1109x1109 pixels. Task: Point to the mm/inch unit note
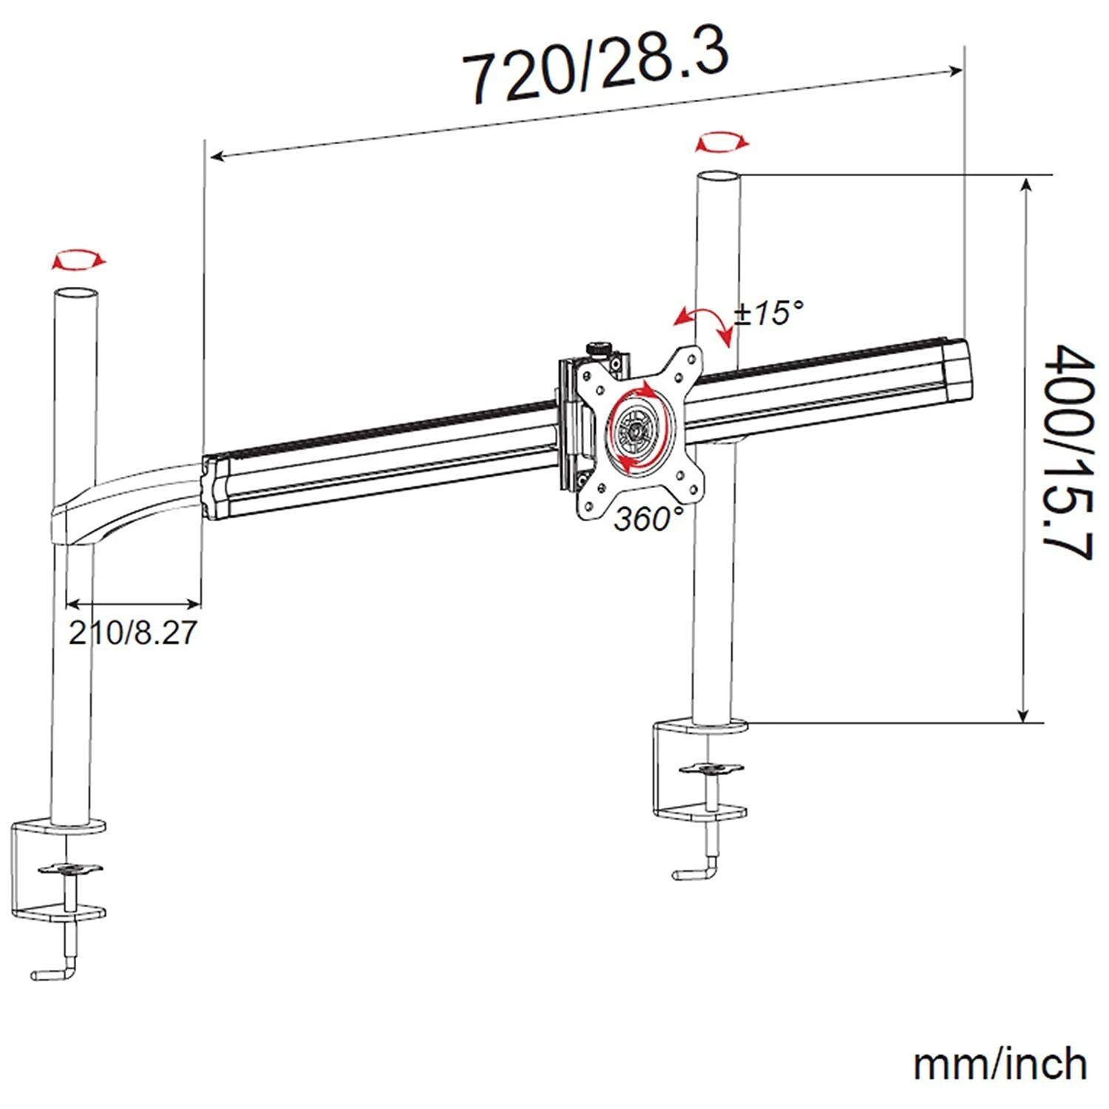[1000, 1064]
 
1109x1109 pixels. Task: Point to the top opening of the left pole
[76, 293]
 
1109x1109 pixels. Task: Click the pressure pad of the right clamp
[710, 769]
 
